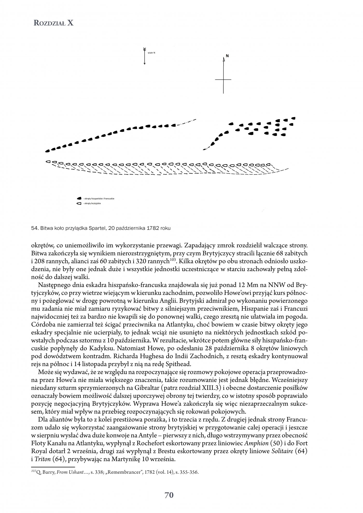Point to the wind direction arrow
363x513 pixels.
click(x=144, y=56)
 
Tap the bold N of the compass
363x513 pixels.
click(x=227, y=56)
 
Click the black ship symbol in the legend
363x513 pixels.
click(x=79, y=199)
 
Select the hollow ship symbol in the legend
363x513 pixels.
click(x=79, y=203)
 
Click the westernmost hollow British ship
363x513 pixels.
click(x=48, y=162)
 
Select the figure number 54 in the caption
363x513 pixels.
click(x=34, y=228)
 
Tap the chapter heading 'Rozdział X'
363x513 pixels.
click(x=54, y=23)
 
